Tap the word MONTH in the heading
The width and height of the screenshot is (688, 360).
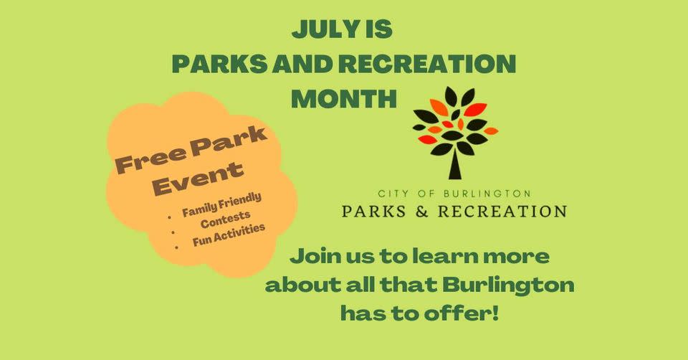pos(344,99)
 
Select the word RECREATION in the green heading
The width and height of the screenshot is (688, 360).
pos(427,64)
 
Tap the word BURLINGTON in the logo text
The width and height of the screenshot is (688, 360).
pos(487,193)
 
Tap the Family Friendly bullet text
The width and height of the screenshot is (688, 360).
pos(221,205)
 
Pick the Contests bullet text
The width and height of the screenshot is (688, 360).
pos(226,219)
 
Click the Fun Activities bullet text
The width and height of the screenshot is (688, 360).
pos(229,235)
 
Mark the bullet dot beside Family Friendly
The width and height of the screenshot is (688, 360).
pos(169,217)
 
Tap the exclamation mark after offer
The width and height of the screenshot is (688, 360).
pos(495,313)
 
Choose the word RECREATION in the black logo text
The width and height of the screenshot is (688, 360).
pos(503,211)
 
